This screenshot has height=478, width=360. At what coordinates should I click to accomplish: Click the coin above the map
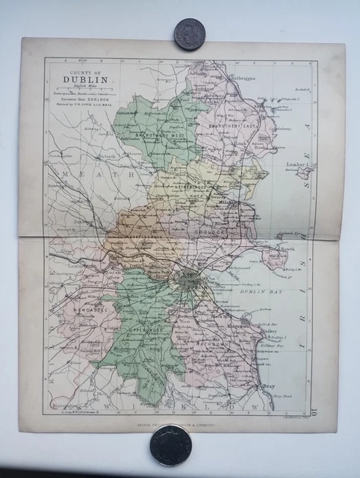[x=188, y=34]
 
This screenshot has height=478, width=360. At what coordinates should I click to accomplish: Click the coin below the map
[x=170, y=444]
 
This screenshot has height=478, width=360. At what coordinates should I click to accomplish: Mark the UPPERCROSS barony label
[x=147, y=329]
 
